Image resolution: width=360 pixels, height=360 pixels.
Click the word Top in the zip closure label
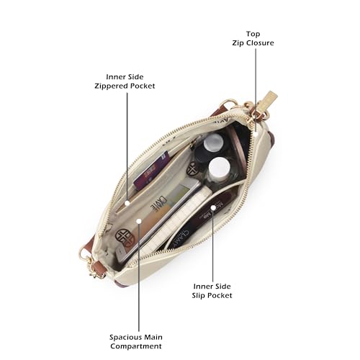(253, 34)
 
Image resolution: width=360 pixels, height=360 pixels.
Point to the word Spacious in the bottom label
(124, 337)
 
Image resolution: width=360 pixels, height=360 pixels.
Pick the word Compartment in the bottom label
(136, 346)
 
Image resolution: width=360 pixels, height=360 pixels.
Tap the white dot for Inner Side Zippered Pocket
(127, 203)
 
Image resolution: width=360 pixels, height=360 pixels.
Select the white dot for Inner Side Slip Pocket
(213, 207)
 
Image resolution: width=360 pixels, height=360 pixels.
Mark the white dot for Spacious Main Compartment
(139, 221)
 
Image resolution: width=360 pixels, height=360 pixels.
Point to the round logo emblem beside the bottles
(193, 168)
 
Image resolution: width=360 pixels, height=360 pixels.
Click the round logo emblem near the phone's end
(125, 238)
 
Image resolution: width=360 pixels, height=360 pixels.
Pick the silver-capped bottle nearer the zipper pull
(212, 142)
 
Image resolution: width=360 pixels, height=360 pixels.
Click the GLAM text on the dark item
(182, 238)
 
